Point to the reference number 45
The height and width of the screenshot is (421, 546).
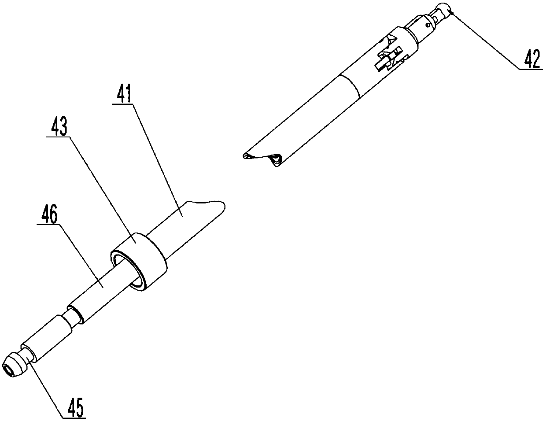(74, 407)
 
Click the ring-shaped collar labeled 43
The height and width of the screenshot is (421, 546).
(139, 262)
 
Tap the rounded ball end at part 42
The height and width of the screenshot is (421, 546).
(446, 10)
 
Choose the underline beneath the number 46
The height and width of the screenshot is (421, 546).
(48, 224)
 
